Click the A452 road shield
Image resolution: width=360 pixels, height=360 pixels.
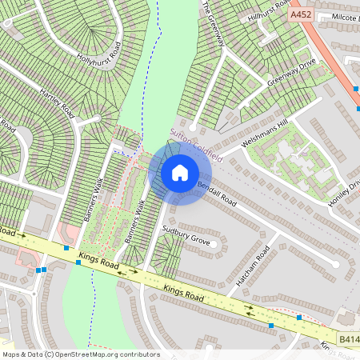302,14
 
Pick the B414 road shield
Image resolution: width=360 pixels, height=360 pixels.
347,338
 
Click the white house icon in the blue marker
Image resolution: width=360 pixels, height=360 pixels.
179,173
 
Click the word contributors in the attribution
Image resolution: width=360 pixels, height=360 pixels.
138,354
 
